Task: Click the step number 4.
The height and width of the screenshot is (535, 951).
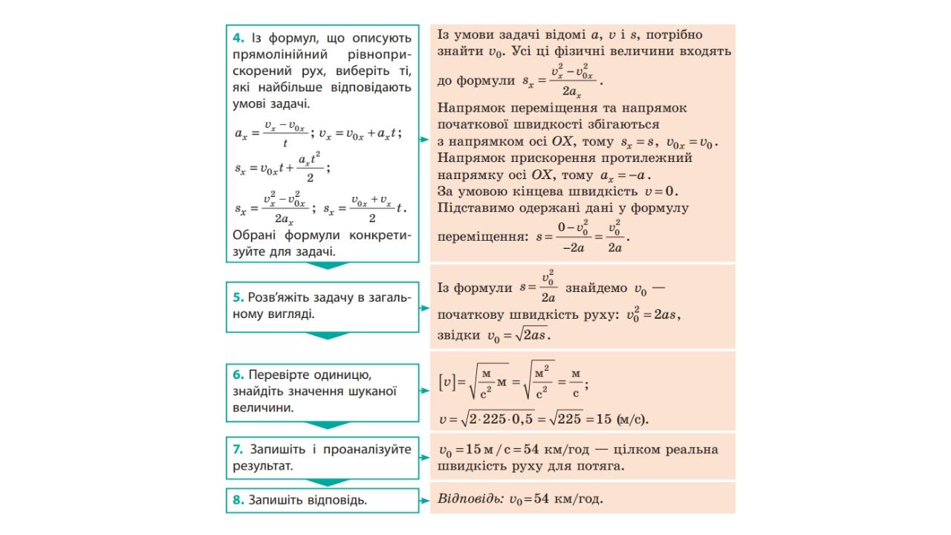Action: [x=237, y=38]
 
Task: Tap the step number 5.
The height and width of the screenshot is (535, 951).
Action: [x=237, y=296]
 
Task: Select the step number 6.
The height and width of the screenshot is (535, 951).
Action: [x=237, y=375]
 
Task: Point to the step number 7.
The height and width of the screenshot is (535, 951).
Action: [x=237, y=450]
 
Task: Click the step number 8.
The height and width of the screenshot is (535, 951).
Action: [x=237, y=500]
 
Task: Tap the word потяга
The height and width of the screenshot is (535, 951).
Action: [x=600, y=467]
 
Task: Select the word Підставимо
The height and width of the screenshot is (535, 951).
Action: [x=473, y=208]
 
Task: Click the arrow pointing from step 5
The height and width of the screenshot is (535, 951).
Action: [x=425, y=307]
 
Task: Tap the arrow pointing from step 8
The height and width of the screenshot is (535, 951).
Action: [x=425, y=500]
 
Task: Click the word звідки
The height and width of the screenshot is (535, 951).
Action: [x=458, y=335]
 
